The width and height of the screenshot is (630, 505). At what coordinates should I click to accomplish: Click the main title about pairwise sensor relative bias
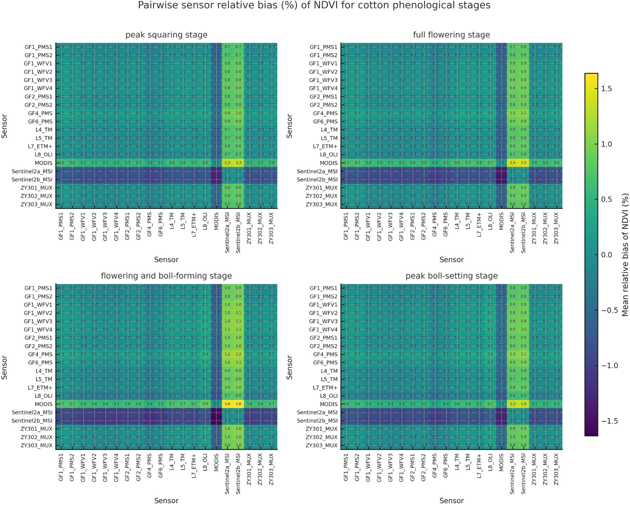tap(314, 6)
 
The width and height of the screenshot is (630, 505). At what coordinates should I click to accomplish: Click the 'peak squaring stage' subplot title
tap(166, 35)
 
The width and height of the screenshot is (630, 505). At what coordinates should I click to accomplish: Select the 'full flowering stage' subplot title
tap(451, 35)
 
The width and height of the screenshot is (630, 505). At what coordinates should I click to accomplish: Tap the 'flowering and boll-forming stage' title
tap(166, 276)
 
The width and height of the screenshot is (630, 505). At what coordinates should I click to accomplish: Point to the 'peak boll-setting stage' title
tap(451, 276)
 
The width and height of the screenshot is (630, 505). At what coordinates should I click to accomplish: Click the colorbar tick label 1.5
tap(607, 89)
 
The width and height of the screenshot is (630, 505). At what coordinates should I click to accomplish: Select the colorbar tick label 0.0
tap(607, 255)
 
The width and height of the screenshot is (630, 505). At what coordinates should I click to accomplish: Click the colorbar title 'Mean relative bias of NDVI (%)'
tap(625, 254)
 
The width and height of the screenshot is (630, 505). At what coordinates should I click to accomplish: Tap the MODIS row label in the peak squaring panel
tap(43, 163)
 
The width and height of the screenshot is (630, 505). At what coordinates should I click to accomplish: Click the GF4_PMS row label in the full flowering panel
tap(325, 113)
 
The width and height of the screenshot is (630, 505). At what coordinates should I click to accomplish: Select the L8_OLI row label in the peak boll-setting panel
tap(329, 396)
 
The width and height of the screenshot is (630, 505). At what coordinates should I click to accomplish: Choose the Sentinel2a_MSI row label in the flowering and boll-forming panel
tap(32, 412)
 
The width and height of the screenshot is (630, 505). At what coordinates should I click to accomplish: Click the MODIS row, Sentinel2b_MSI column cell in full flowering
tap(523, 163)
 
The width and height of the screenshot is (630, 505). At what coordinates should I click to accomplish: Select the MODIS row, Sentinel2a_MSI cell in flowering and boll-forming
tap(227, 404)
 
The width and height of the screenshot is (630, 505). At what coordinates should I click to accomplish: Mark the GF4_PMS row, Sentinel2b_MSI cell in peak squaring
tap(238, 113)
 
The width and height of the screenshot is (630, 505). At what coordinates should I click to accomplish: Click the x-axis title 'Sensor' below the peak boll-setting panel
tap(451, 500)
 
